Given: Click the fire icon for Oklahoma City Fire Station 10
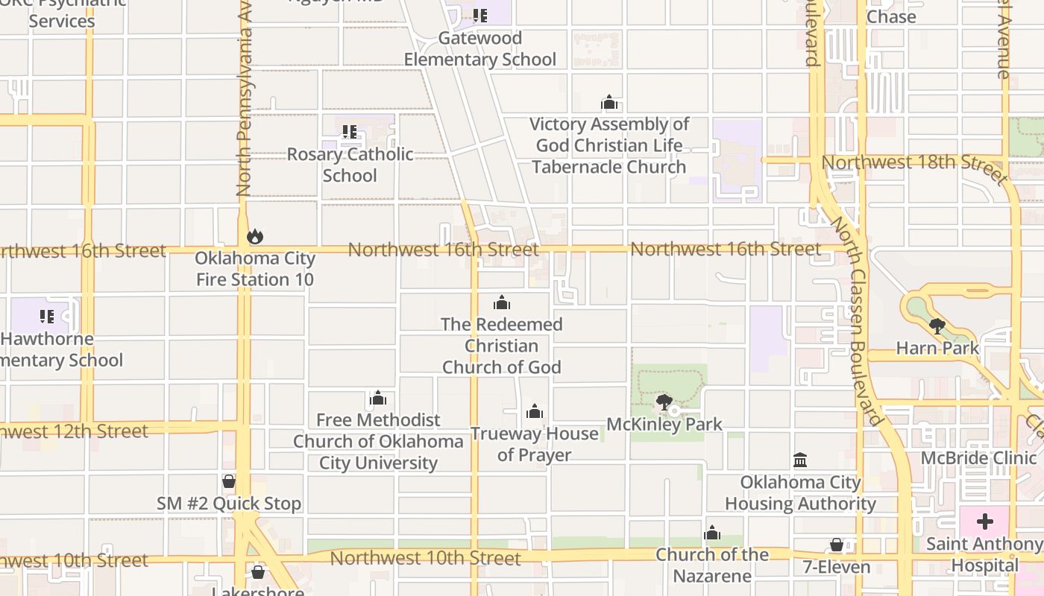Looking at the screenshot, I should point(255,237).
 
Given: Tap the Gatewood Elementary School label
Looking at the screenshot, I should point(480,48).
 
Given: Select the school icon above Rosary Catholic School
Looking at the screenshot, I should point(349,133).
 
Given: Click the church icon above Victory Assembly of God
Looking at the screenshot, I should point(609,103).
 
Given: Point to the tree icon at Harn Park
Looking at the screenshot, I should point(937,326).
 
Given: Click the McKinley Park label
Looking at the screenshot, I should point(664,425).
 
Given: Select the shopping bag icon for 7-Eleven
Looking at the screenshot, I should point(837,545).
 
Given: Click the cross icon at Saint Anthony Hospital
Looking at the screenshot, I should point(985,521).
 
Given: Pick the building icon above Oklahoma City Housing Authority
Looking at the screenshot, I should point(800,460).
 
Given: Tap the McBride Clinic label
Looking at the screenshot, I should point(978,457).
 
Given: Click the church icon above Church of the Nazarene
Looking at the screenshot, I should point(712,533).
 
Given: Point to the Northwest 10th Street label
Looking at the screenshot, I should point(425,558).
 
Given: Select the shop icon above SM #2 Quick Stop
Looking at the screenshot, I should point(229,482).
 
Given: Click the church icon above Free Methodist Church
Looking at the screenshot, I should point(378,399).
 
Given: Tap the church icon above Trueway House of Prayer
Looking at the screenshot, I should point(534,412).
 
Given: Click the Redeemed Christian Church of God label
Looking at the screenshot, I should point(502,346).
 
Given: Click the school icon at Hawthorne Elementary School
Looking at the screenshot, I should point(47,317).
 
